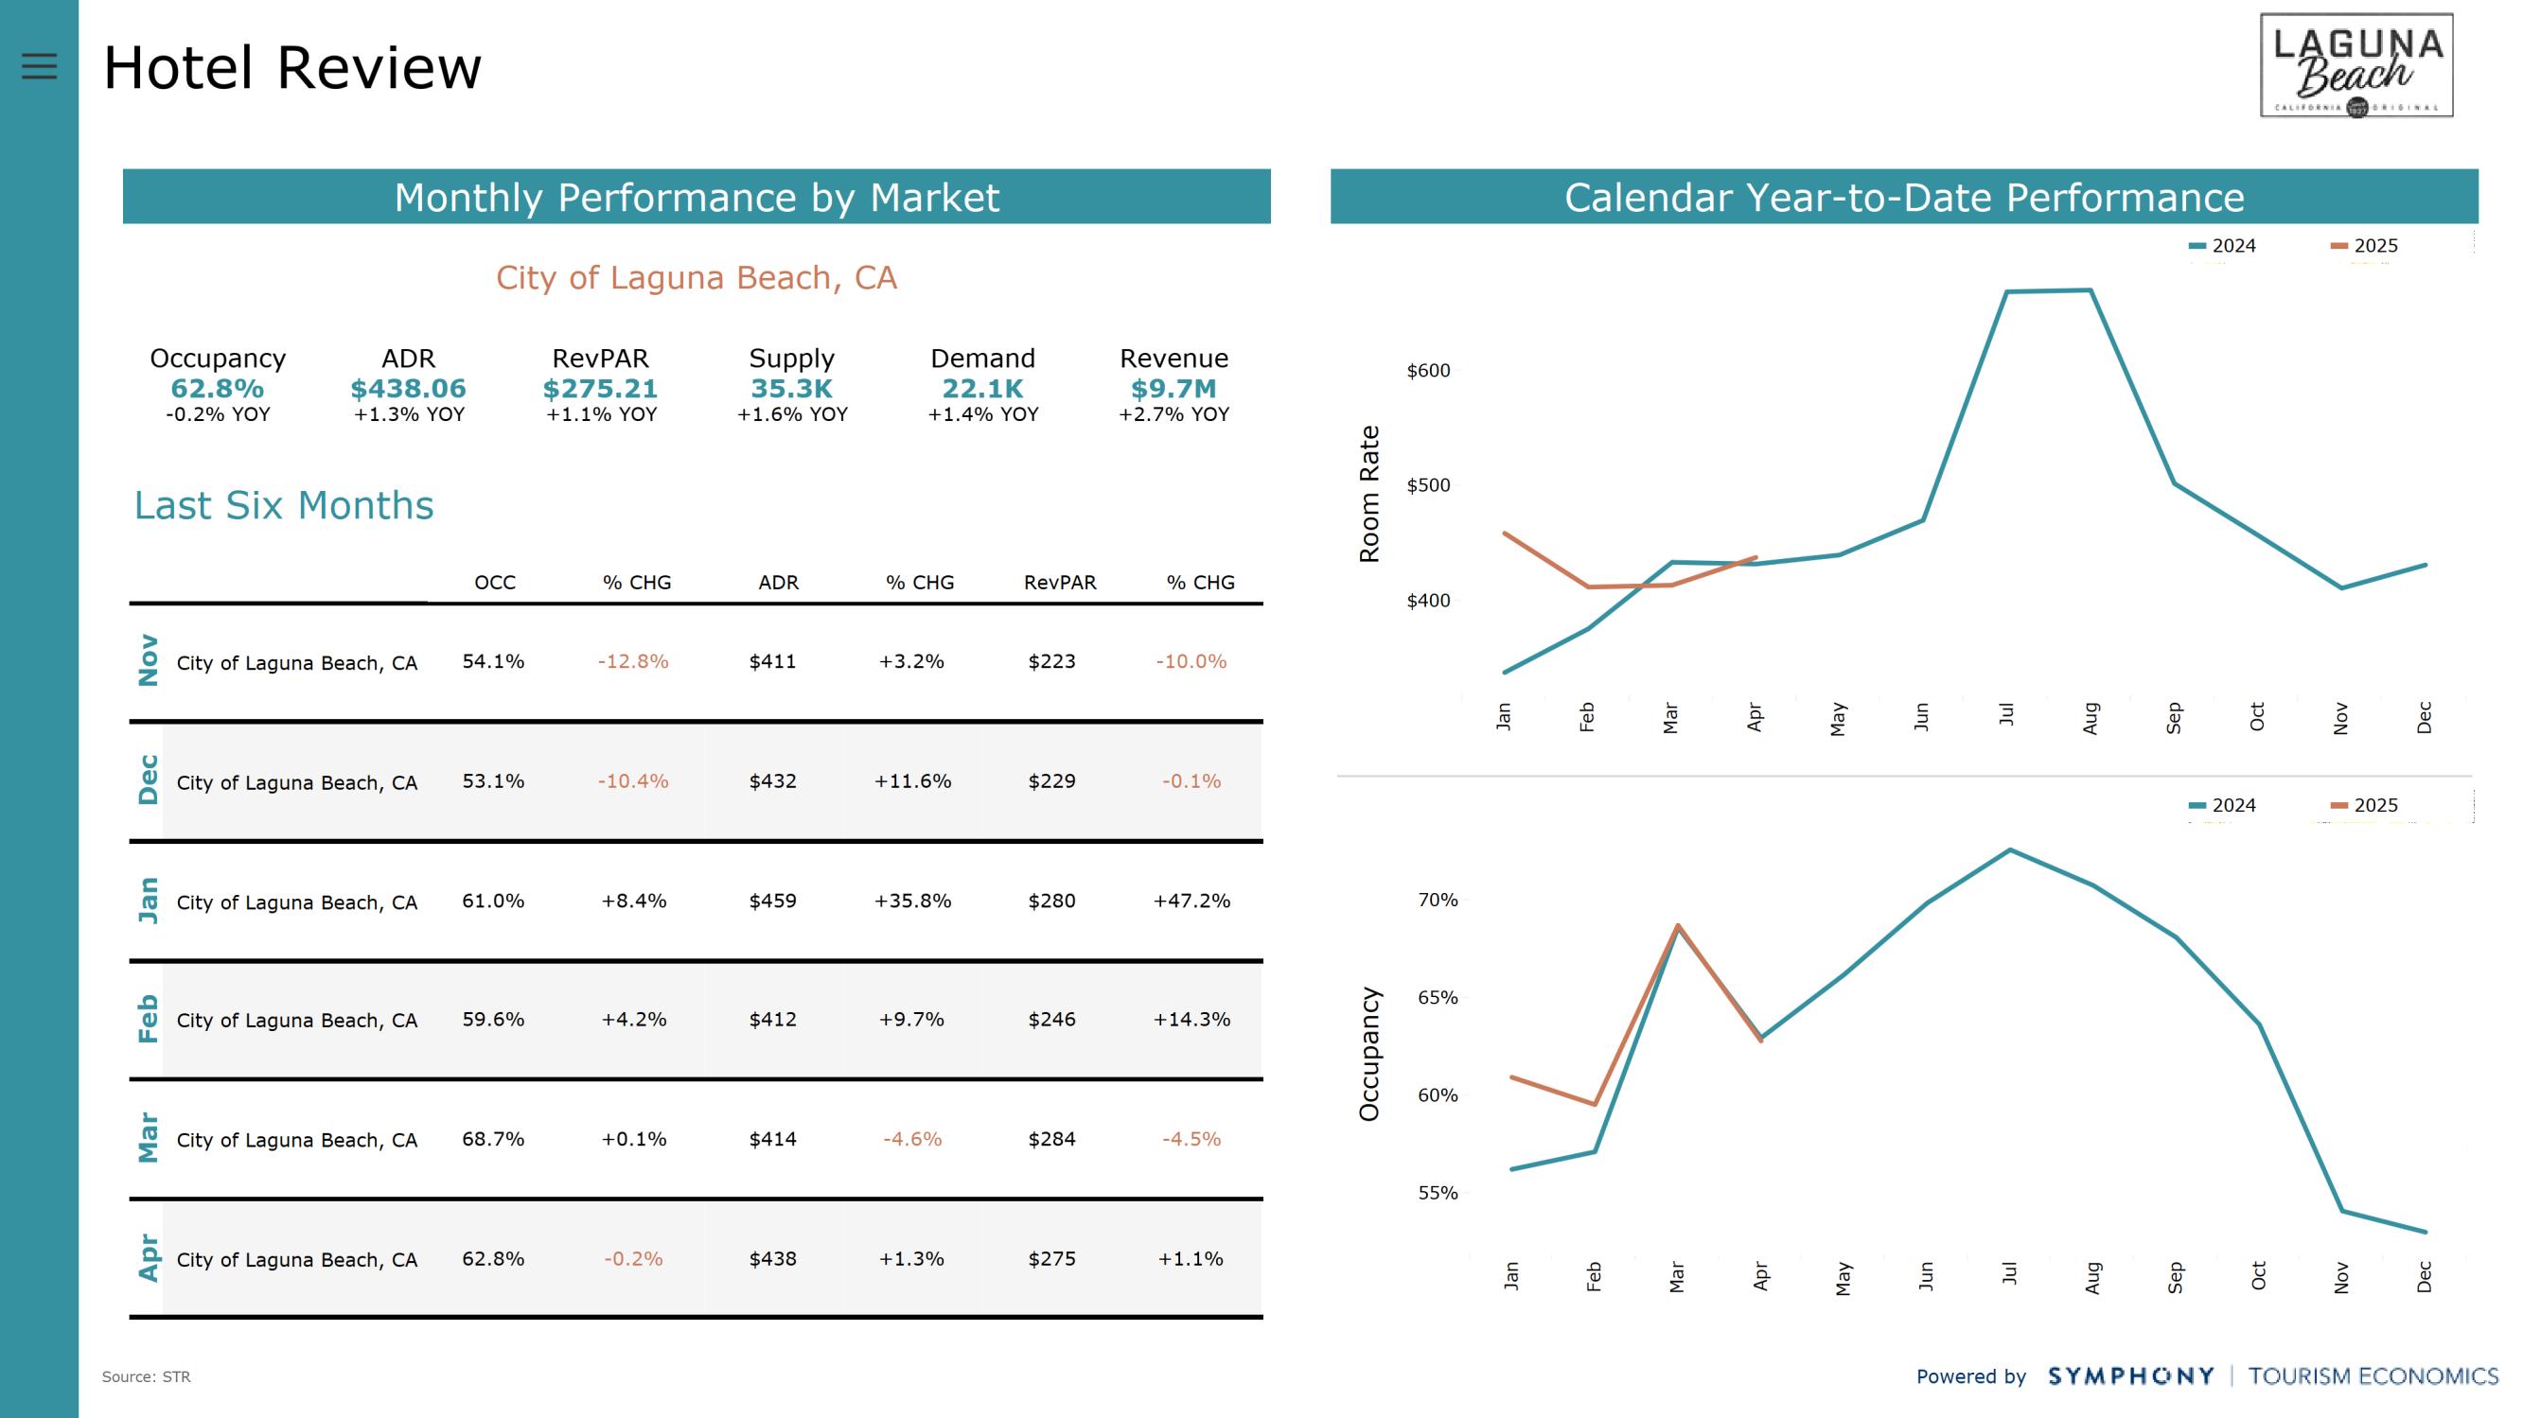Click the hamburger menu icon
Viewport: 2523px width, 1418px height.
click(39, 65)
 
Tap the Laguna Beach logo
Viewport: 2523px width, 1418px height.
click(2355, 65)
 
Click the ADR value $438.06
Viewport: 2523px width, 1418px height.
click(409, 389)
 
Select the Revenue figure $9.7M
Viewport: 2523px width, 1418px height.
click(1173, 389)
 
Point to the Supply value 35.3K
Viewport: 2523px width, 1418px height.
click(791, 389)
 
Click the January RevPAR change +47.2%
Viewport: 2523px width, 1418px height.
click(1191, 901)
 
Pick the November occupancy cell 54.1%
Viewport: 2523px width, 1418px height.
click(494, 662)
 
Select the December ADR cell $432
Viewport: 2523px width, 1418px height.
click(773, 781)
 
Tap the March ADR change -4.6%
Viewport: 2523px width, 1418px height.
click(912, 1139)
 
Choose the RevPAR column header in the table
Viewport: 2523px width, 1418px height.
click(1060, 583)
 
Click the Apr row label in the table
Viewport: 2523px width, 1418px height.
click(148, 1257)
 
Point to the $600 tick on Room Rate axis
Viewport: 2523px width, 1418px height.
click(1428, 371)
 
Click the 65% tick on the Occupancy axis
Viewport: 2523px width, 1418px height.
click(1438, 998)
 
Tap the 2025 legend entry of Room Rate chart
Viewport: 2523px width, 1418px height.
click(2364, 246)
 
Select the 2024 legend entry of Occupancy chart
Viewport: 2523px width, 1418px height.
click(2222, 806)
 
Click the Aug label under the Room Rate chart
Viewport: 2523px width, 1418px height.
click(2091, 718)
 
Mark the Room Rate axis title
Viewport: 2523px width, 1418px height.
click(1369, 494)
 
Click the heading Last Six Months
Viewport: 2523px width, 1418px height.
click(284, 505)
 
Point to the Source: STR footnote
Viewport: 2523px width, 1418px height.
click(146, 1377)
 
